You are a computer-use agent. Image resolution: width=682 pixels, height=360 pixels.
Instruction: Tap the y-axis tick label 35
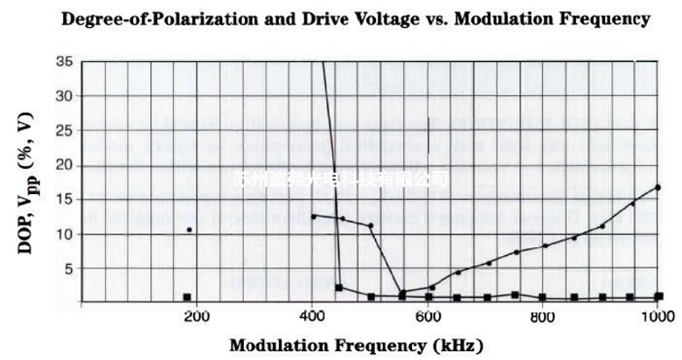[x=64, y=62]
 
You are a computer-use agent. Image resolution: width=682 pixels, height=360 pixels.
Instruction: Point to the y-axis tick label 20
[x=64, y=166]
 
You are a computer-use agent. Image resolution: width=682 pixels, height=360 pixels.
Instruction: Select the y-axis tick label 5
[x=68, y=268]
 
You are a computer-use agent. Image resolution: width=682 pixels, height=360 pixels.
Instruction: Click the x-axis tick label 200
[x=196, y=316]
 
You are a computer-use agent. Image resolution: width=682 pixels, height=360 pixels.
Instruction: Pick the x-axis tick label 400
[x=312, y=316]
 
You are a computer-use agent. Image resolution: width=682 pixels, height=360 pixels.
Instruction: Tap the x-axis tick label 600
[x=428, y=316]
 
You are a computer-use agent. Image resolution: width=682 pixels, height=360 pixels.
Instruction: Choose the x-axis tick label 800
[x=544, y=316]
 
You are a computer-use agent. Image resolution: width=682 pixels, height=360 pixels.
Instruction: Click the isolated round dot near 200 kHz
[x=189, y=230]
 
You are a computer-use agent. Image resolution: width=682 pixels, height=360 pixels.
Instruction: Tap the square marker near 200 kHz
[x=186, y=297]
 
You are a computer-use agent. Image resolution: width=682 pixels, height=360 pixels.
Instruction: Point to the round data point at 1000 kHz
[x=658, y=187]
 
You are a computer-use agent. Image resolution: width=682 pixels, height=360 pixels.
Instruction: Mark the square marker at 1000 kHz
[x=658, y=296]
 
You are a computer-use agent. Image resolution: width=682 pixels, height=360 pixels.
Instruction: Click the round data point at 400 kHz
[x=313, y=216]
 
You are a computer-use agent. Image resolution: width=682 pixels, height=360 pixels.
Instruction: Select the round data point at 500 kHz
[x=371, y=225]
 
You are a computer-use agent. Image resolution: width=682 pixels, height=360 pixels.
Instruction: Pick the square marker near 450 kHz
[x=339, y=287]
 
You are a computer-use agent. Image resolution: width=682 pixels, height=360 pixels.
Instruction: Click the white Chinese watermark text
[x=344, y=179]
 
